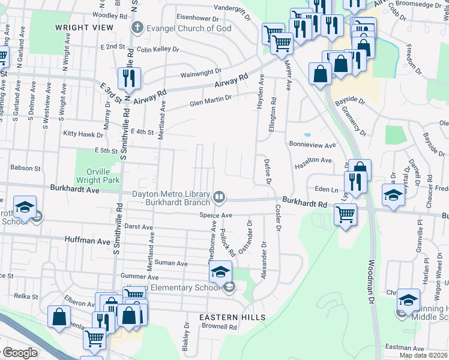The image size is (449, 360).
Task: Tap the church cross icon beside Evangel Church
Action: click(x=137, y=28)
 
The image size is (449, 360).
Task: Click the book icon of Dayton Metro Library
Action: click(x=220, y=196)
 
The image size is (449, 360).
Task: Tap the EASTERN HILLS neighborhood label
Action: click(x=233, y=317)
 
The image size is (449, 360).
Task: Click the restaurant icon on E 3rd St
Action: click(x=128, y=78)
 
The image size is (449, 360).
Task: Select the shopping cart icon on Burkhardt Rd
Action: click(x=345, y=214)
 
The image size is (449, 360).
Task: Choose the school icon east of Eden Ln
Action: click(x=393, y=195)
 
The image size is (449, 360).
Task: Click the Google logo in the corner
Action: click(x=20, y=353)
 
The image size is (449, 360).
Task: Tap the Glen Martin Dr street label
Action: click(x=210, y=101)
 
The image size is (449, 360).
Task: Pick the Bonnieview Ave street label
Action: click(x=312, y=145)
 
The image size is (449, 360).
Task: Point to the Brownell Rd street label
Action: click(x=219, y=327)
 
